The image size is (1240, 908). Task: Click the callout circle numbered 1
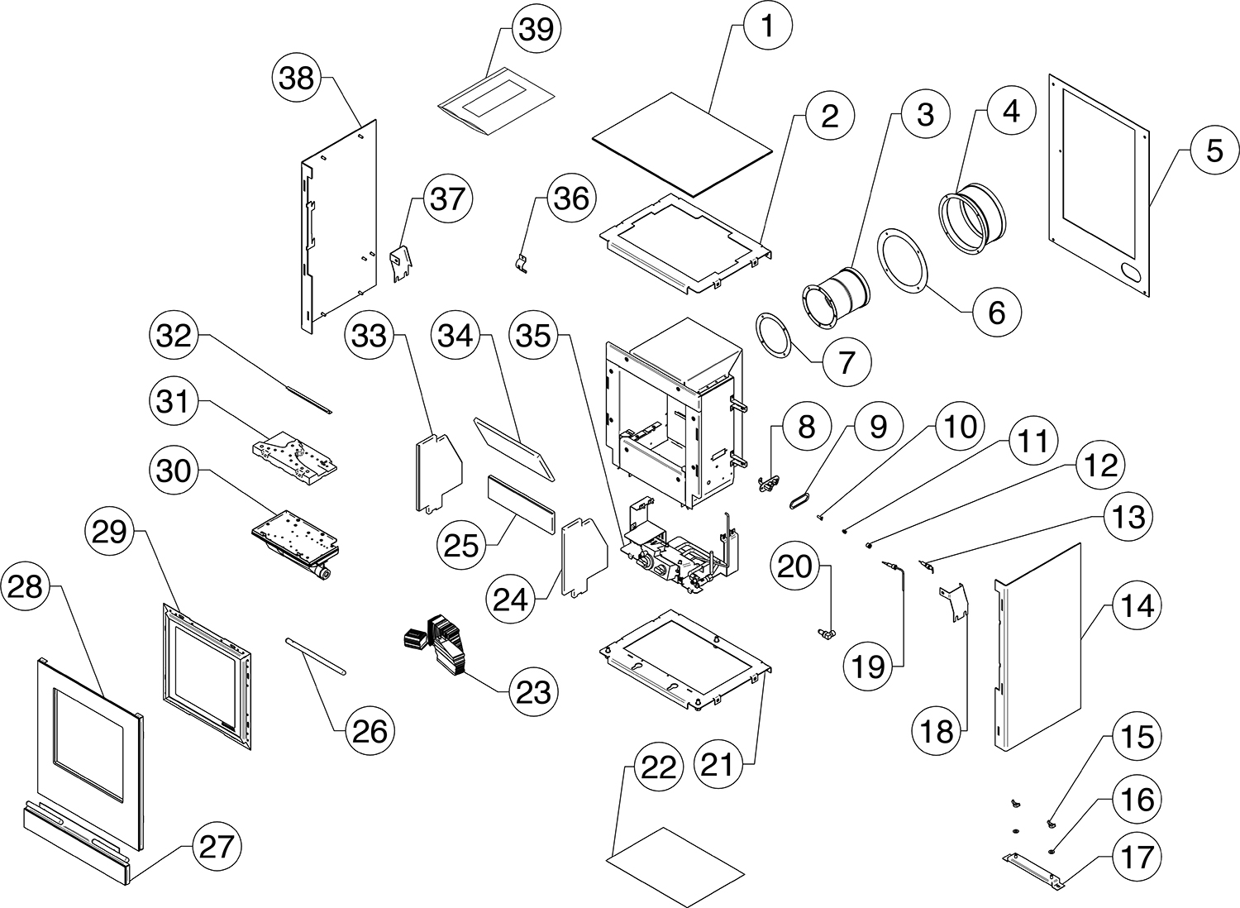767,26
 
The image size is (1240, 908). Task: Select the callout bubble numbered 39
537,29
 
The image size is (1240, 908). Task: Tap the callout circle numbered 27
217,848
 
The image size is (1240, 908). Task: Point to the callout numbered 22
658,768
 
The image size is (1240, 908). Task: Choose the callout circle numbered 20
794,566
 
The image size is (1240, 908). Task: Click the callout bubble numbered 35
534,336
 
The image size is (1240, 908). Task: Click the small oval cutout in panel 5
1125,271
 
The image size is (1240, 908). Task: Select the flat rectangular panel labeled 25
520,504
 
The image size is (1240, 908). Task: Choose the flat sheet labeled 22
676,867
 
